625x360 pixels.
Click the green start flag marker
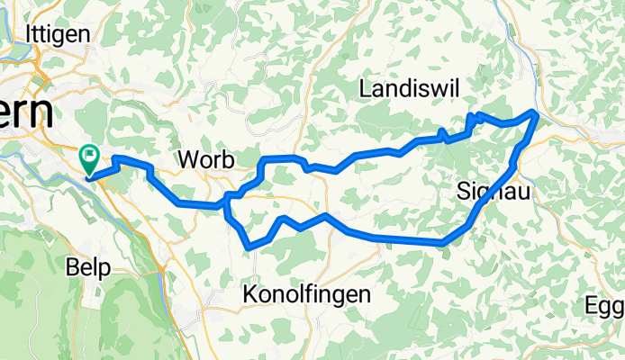[x=90, y=158]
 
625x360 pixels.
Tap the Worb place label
[x=207, y=159]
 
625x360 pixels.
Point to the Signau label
[x=488, y=191]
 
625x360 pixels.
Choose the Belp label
[x=87, y=267]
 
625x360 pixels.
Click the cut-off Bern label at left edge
[x=25, y=113]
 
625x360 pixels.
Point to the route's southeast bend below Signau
[x=443, y=242]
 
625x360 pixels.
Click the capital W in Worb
[x=189, y=159]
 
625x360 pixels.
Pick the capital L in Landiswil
[x=365, y=88]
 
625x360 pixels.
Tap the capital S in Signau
[x=463, y=191]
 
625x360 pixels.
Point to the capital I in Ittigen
[x=32, y=32]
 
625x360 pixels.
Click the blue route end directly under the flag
[x=89, y=176]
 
